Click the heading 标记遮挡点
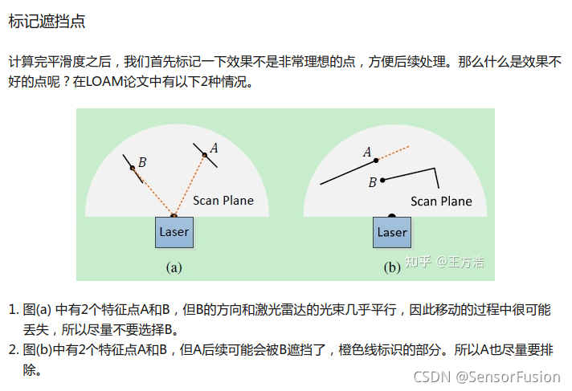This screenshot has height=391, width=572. pyautogui.click(x=47, y=22)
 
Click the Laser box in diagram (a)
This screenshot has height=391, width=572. pyautogui.click(x=174, y=232)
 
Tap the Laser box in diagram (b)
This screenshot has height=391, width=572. pyautogui.click(x=392, y=232)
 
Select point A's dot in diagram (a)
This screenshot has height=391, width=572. pyautogui.click(x=205, y=156)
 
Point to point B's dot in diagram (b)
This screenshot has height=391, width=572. pyautogui.click(x=383, y=180)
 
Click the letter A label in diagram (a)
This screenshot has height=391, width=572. pyautogui.click(x=214, y=148)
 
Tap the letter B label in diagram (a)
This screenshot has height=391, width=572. pyautogui.click(x=142, y=162)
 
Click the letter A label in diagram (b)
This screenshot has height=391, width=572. pyautogui.click(x=367, y=152)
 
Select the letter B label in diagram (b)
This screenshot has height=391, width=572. pyautogui.click(x=372, y=182)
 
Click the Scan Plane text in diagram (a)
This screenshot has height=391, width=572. pyautogui.click(x=223, y=200)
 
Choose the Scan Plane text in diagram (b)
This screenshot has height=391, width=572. pyautogui.click(x=441, y=201)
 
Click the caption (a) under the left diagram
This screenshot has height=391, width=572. pyautogui.click(x=174, y=267)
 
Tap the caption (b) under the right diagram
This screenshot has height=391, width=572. pyautogui.click(x=392, y=267)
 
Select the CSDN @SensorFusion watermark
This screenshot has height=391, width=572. pyautogui.click(x=486, y=376)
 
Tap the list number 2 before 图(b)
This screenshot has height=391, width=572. pyautogui.click(x=13, y=349)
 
